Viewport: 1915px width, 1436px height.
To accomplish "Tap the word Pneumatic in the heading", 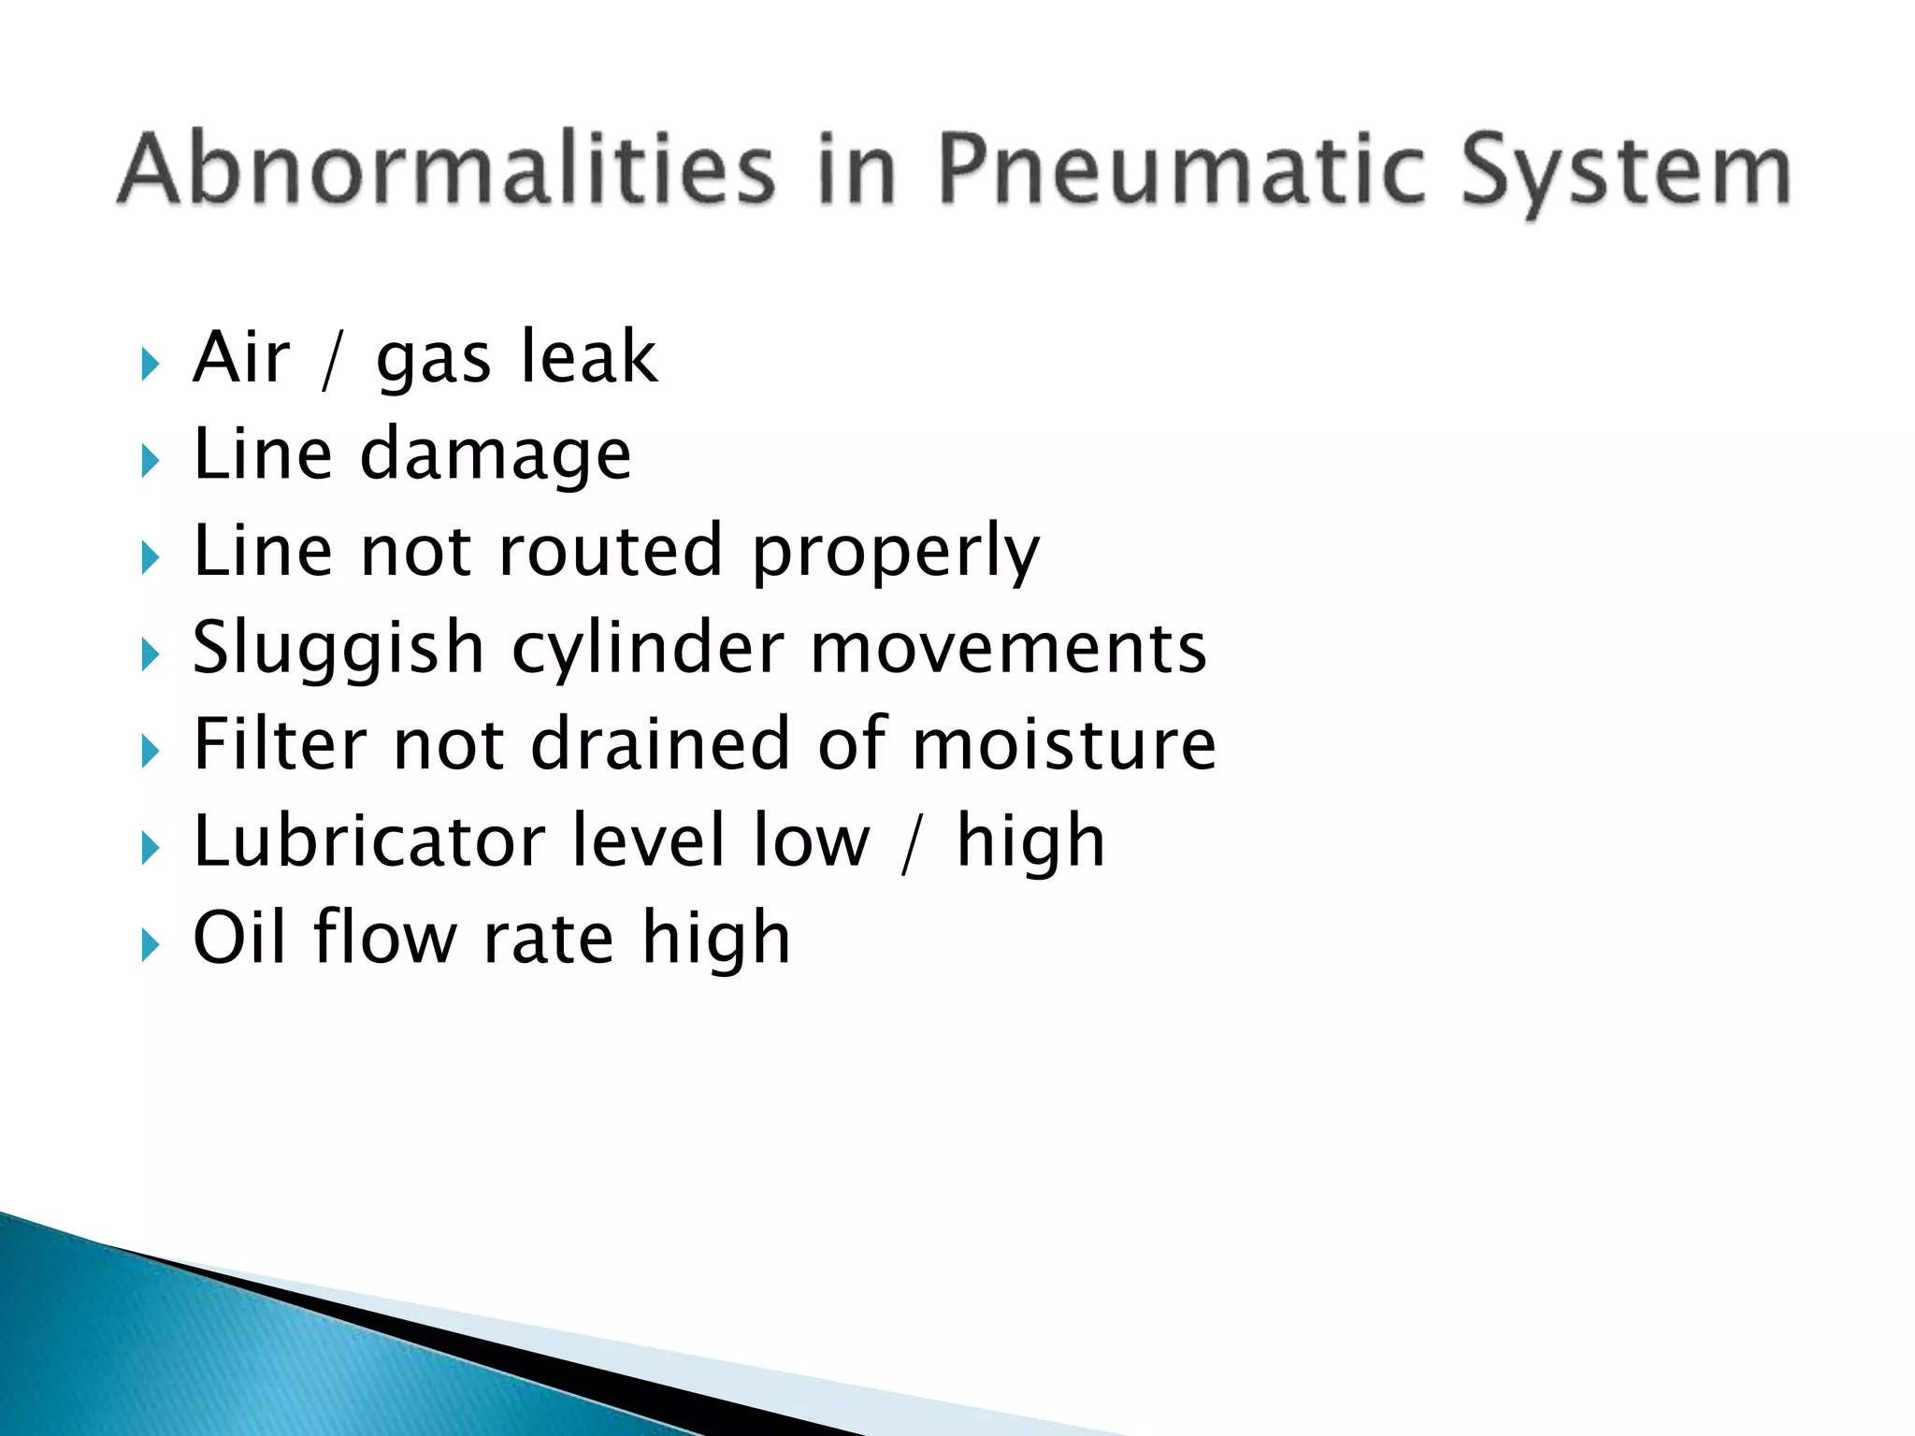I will click(1180, 169).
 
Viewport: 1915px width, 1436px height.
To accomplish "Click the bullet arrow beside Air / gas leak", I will click(150, 363).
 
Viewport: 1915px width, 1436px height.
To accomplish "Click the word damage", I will click(496, 455).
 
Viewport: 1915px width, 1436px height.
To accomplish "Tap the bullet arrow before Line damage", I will click(150, 460).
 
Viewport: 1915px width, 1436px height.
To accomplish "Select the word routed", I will click(611, 551).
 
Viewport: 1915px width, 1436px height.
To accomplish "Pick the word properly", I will click(896, 553).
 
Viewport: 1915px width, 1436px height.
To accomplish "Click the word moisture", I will click(1064, 744).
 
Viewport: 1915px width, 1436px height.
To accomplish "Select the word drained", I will click(661, 744).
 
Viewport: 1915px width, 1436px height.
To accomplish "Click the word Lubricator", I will click(369, 840).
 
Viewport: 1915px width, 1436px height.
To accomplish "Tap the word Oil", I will click(239, 937).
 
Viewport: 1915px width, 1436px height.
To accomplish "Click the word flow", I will click(384, 937).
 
